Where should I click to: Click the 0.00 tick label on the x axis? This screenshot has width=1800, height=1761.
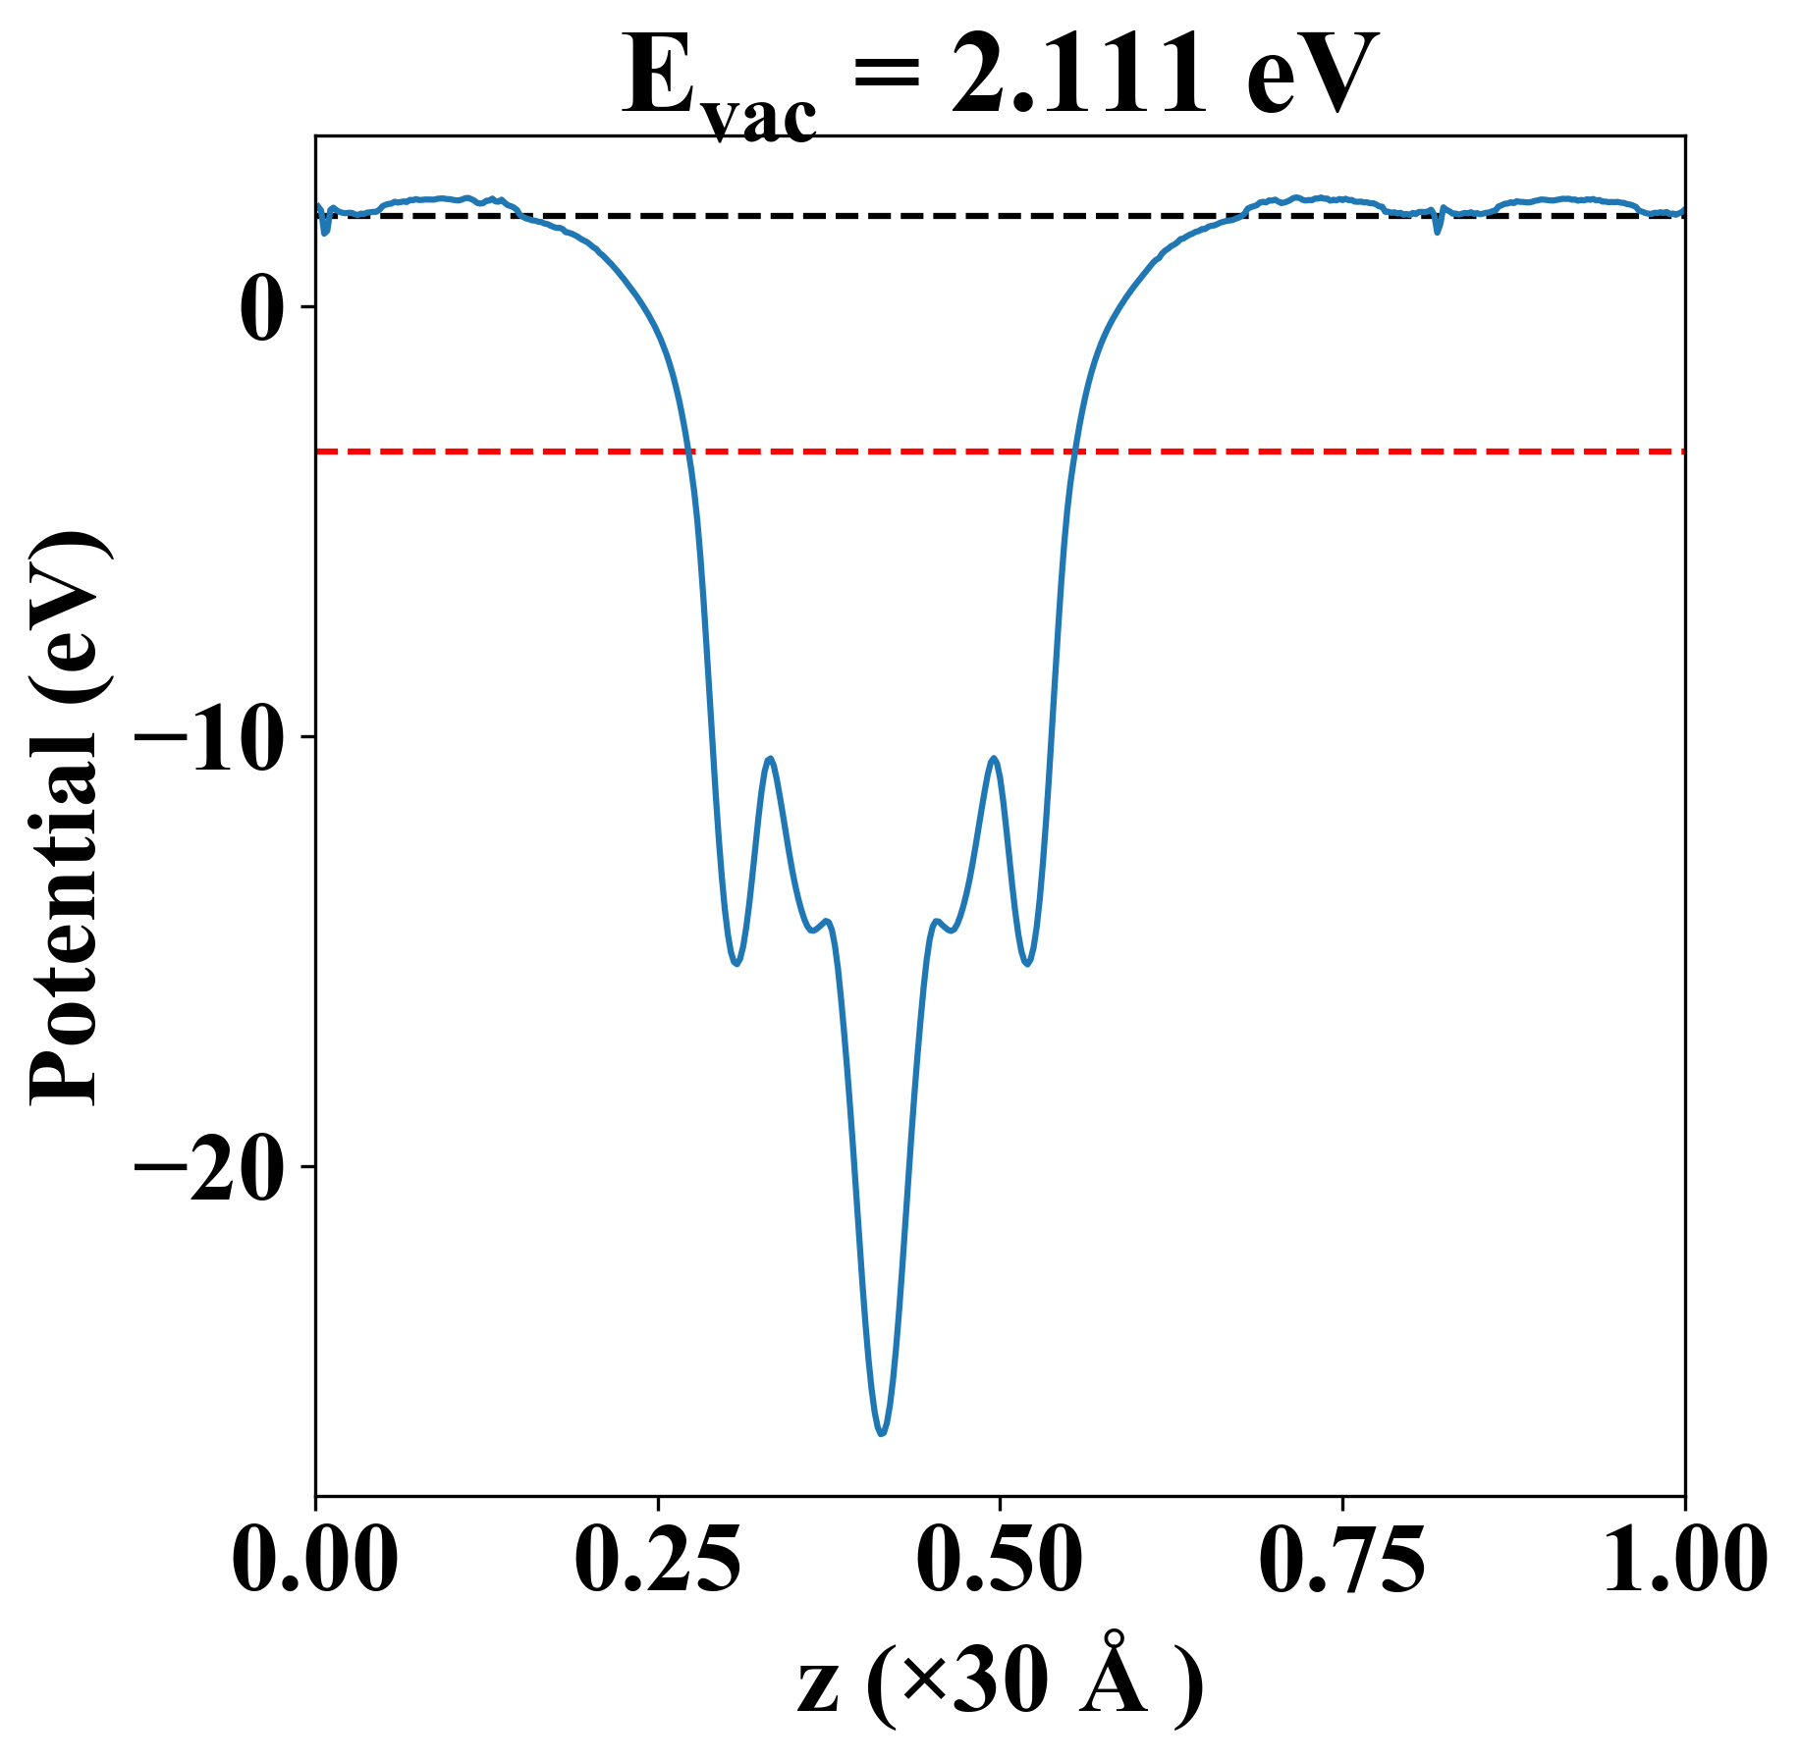[x=315, y=1559]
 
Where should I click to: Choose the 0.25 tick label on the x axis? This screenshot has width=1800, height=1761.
[x=657, y=1559]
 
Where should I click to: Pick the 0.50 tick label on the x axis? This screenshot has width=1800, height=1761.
[x=1000, y=1559]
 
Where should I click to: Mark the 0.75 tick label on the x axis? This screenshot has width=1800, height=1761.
[x=1341, y=1559]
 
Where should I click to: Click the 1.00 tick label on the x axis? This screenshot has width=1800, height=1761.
[x=1683, y=1559]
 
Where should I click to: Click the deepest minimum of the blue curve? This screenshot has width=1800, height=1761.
[x=882, y=1433]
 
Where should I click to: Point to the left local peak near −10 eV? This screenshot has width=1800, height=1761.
[x=771, y=758]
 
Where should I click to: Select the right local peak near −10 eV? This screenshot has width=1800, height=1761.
[x=995, y=758]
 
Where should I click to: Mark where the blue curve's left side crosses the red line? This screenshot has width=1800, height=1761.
[x=689, y=452]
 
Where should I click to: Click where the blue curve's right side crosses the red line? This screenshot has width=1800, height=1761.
[x=1076, y=452]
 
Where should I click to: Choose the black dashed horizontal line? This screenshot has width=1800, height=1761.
[x=884, y=215]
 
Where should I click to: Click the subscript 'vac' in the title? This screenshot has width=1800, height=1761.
[x=761, y=120]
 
